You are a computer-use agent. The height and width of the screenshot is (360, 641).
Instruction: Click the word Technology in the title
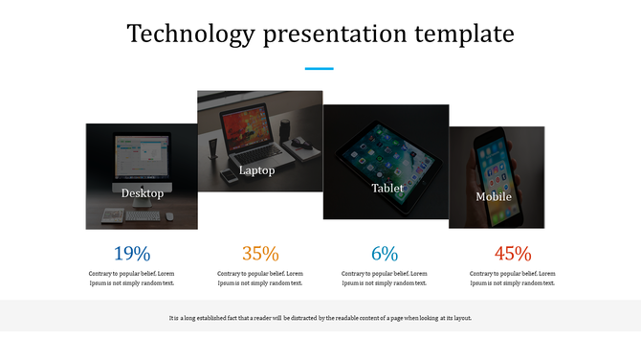point(190,35)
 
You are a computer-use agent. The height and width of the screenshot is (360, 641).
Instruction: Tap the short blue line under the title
point(319,69)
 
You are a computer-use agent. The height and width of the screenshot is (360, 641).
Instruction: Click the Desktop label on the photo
point(143,193)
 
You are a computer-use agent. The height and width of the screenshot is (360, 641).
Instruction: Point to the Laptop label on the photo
point(256,171)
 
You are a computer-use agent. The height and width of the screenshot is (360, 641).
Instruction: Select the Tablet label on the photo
point(387,189)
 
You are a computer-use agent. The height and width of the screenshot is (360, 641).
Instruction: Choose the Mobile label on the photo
point(494,197)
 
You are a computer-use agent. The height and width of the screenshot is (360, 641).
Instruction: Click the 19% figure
point(132,254)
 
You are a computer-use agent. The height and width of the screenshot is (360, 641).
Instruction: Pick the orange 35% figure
point(260,254)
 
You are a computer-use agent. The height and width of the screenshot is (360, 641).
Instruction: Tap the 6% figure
point(385,254)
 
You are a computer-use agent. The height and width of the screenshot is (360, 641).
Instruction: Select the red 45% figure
point(513,254)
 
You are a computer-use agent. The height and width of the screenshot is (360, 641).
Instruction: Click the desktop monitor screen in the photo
point(141,155)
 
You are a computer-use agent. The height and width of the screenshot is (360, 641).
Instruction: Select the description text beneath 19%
point(132,278)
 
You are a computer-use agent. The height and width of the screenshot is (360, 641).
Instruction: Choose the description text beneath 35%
point(260,278)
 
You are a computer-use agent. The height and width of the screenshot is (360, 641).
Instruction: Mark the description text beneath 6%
point(385,278)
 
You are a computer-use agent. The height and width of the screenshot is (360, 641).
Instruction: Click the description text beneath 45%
point(513,278)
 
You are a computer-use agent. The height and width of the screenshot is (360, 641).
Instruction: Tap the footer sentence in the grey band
point(320,318)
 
